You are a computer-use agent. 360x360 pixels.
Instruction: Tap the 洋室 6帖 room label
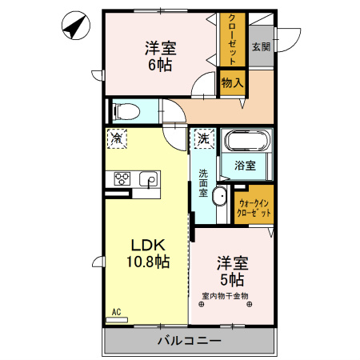tap(160, 55)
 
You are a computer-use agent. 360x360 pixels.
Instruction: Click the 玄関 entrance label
tap(260, 47)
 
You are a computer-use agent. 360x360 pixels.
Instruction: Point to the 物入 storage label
tap(232, 82)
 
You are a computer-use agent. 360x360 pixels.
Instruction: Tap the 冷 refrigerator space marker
tap(117, 138)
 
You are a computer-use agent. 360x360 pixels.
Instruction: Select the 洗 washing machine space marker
tap(203, 138)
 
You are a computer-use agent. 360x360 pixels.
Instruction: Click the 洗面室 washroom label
tap(204, 182)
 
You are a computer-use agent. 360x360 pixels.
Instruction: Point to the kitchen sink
tap(150, 180)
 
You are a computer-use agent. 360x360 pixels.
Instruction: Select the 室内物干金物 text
tap(225, 295)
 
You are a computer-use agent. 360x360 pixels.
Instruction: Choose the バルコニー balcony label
tap(189, 341)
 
